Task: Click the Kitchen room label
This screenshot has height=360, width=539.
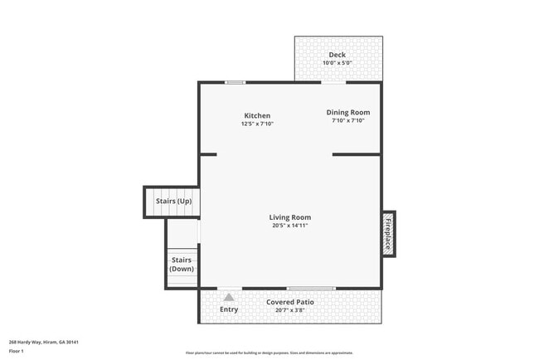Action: coord(257,115)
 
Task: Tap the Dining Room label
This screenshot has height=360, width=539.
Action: coord(347,112)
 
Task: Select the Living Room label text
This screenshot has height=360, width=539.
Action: coord(289,217)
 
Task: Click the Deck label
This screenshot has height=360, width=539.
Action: coord(337,56)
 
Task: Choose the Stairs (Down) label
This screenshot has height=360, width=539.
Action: coord(182,265)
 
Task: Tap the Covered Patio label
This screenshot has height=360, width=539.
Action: coord(289,302)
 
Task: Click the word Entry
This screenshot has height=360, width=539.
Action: coord(229,309)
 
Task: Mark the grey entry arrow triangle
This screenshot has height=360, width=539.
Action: coord(229,296)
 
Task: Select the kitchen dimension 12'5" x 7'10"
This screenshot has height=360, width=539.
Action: coord(257,124)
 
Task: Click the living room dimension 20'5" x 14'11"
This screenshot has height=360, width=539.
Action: coord(289,226)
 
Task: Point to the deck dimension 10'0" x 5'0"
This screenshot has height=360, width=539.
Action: coord(337,63)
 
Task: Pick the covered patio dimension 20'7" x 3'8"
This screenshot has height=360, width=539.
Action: coord(289,310)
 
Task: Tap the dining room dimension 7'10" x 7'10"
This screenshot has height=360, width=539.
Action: coord(347,120)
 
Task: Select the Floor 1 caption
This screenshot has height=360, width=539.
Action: coord(17,351)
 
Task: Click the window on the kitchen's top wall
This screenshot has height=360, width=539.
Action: coord(235,82)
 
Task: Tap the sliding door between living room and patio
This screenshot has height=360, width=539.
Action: coord(288,288)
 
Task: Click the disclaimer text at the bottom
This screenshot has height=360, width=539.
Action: coord(269,353)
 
